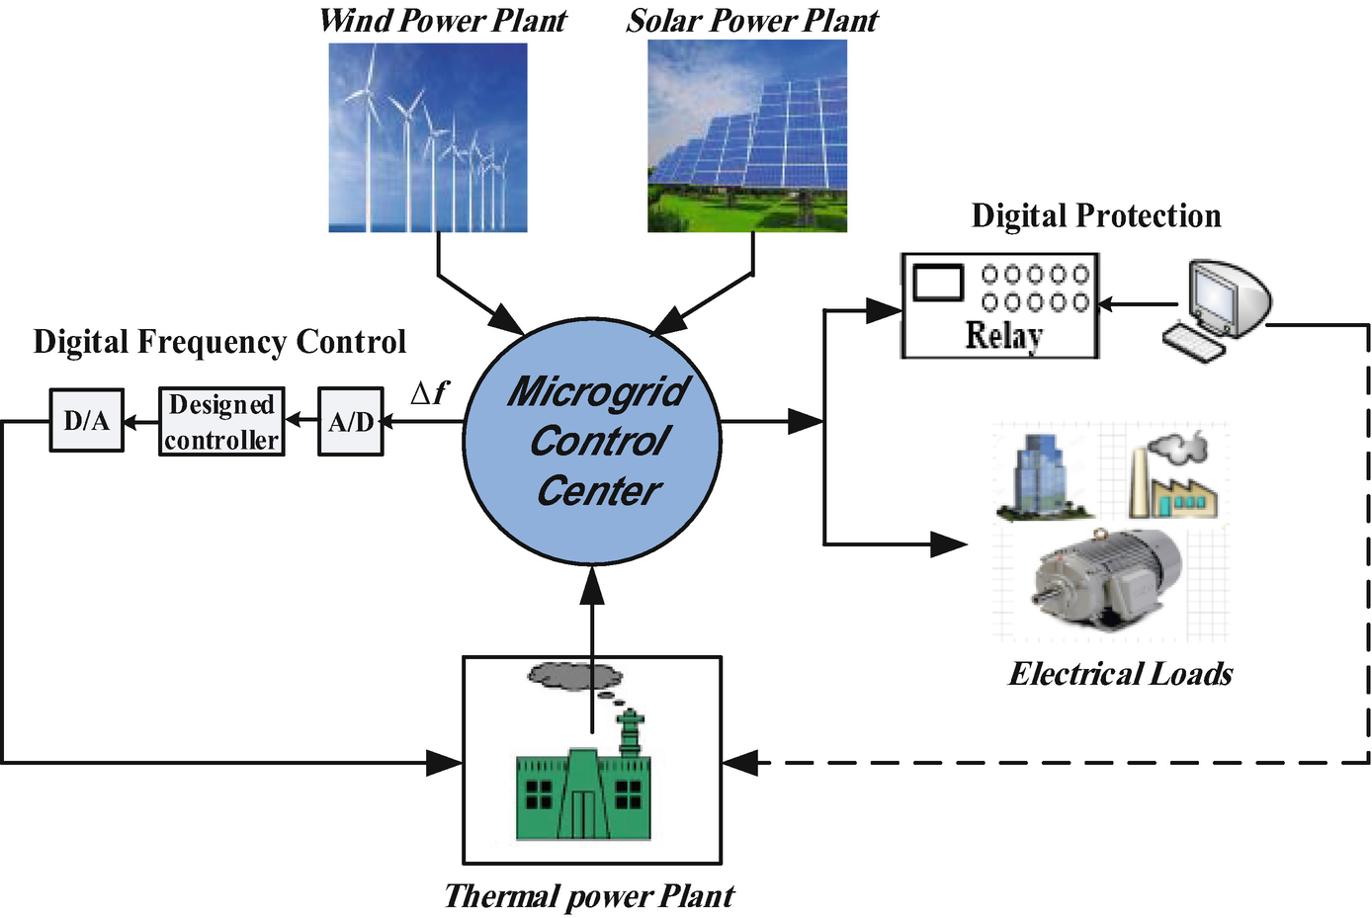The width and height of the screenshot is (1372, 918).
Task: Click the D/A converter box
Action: click(x=87, y=421)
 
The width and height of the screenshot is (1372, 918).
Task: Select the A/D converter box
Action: click(x=351, y=422)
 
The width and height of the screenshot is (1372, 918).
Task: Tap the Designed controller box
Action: click(x=221, y=422)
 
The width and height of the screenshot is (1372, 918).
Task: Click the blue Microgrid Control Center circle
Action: click(x=593, y=441)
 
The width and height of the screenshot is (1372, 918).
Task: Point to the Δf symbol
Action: click(x=429, y=393)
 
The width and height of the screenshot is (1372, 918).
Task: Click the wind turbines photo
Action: click(x=428, y=137)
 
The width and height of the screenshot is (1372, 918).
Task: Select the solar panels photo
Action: click(x=747, y=137)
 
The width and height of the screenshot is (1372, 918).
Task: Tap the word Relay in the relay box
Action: click(x=1003, y=336)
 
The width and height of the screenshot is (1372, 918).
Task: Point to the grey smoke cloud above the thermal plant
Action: click(x=574, y=676)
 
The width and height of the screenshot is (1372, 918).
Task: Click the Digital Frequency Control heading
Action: click(x=219, y=342)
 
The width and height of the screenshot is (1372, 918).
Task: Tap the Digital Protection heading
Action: click(x=1096, y=215)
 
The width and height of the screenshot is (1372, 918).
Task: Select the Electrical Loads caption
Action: click(x=1121, y=674)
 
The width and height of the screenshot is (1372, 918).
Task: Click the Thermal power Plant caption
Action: click(x=589, y=896)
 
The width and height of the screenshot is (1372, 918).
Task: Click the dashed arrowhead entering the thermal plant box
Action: click(x=738, y=762)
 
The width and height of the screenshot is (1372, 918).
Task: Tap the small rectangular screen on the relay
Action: click(x=938, y=283)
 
